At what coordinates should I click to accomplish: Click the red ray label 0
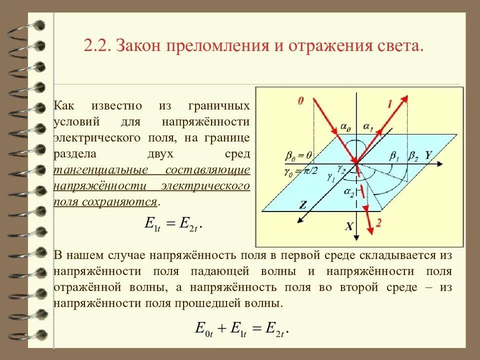coord(300,100)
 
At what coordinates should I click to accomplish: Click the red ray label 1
coord(389,104)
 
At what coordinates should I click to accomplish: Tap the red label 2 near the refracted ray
coord(378,223)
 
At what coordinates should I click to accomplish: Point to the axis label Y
coord(428,155)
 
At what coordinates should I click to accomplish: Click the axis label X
coord(349,226)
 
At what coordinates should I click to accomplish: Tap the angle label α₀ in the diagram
coord(345,128)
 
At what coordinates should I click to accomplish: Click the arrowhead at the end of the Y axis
coord(442,163)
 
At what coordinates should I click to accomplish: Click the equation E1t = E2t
coord(172,225)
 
